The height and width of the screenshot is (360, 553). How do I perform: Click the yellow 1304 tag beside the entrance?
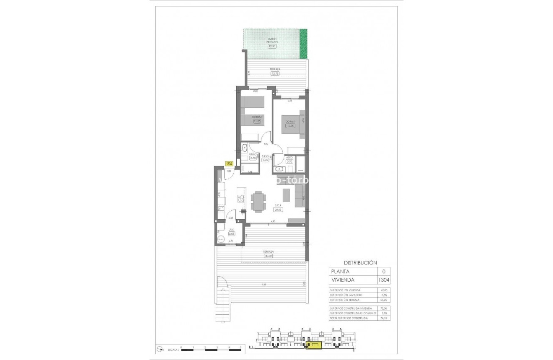click(229, 164)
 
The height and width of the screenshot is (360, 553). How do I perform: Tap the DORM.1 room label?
click(290, 122)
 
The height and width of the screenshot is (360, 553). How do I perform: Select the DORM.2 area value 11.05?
click(257, 122)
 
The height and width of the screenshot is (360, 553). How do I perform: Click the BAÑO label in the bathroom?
click(253, 154)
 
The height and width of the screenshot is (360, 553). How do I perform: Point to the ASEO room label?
click(289, 158)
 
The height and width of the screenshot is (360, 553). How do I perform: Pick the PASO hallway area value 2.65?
click(265, 160)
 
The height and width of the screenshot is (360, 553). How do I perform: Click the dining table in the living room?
click(258, 202)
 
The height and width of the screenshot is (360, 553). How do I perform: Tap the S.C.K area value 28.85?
click(278, 210)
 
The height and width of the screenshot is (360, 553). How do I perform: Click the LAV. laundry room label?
click(231, 229)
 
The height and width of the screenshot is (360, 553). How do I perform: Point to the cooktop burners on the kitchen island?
click(240, 199)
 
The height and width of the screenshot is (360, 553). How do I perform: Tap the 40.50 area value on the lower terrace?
click(268, 256)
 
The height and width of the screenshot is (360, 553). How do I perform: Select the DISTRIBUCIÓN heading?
click(357, 263)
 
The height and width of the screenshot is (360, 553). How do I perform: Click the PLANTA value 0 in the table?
click(384, 271)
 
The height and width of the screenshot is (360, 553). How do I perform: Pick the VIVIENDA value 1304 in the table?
click(384, 280)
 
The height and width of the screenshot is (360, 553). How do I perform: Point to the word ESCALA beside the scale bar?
click(172, 349)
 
